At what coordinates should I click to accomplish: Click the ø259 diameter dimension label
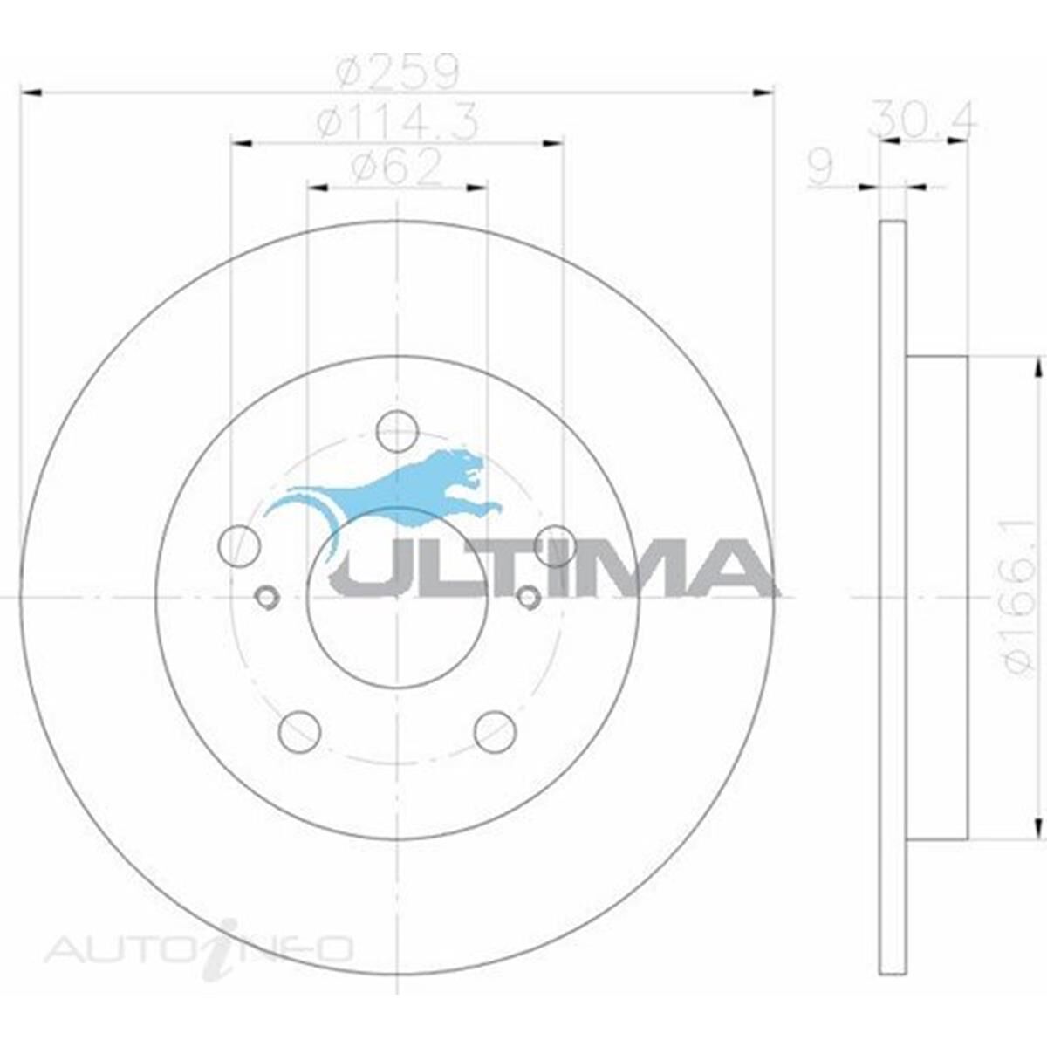point(397,73)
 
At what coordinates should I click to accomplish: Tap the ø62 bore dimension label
point(397,169)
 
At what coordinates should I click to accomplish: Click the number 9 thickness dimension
point(820,168)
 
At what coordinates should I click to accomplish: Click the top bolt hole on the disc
point(397,430)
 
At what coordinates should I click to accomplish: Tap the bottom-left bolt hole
point(299,731)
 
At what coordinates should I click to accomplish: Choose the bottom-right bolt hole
point(495,731)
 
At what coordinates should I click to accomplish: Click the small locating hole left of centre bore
point(267,597)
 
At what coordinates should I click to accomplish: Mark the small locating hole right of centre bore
point(528,597)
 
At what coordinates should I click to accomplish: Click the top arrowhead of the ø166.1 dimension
point(1037,367)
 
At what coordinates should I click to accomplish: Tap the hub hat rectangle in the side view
point(937,597)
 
